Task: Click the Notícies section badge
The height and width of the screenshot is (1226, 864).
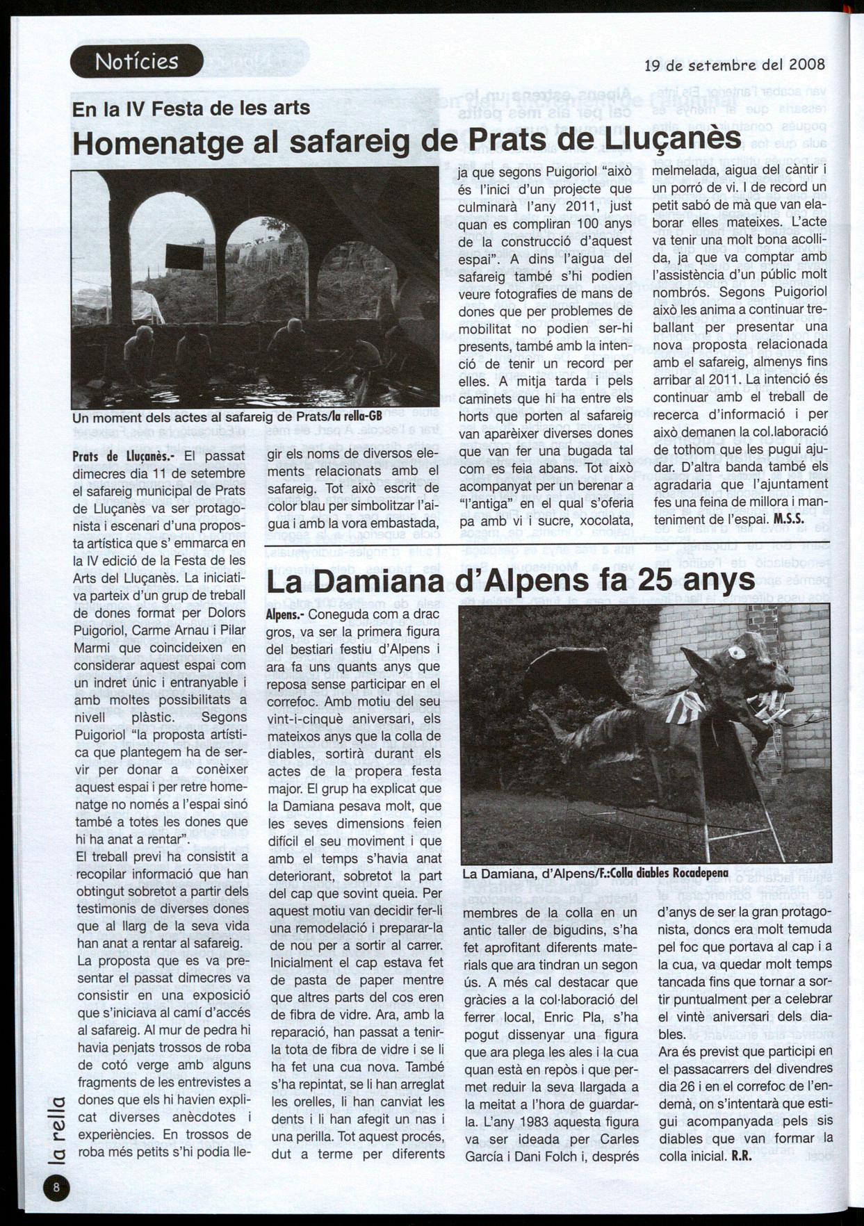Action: (136, 61)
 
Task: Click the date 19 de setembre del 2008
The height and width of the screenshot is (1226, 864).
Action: (735, 65)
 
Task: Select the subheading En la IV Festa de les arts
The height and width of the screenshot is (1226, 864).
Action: (191, 108)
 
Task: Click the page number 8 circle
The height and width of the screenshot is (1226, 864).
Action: (56, 1187)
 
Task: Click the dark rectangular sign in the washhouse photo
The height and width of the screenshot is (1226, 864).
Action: (184, 256)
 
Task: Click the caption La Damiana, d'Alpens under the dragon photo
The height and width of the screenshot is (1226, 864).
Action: (595, 873)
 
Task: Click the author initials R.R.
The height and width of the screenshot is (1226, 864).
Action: (742, 1157)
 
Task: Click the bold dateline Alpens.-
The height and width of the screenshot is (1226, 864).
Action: (285, 615)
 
